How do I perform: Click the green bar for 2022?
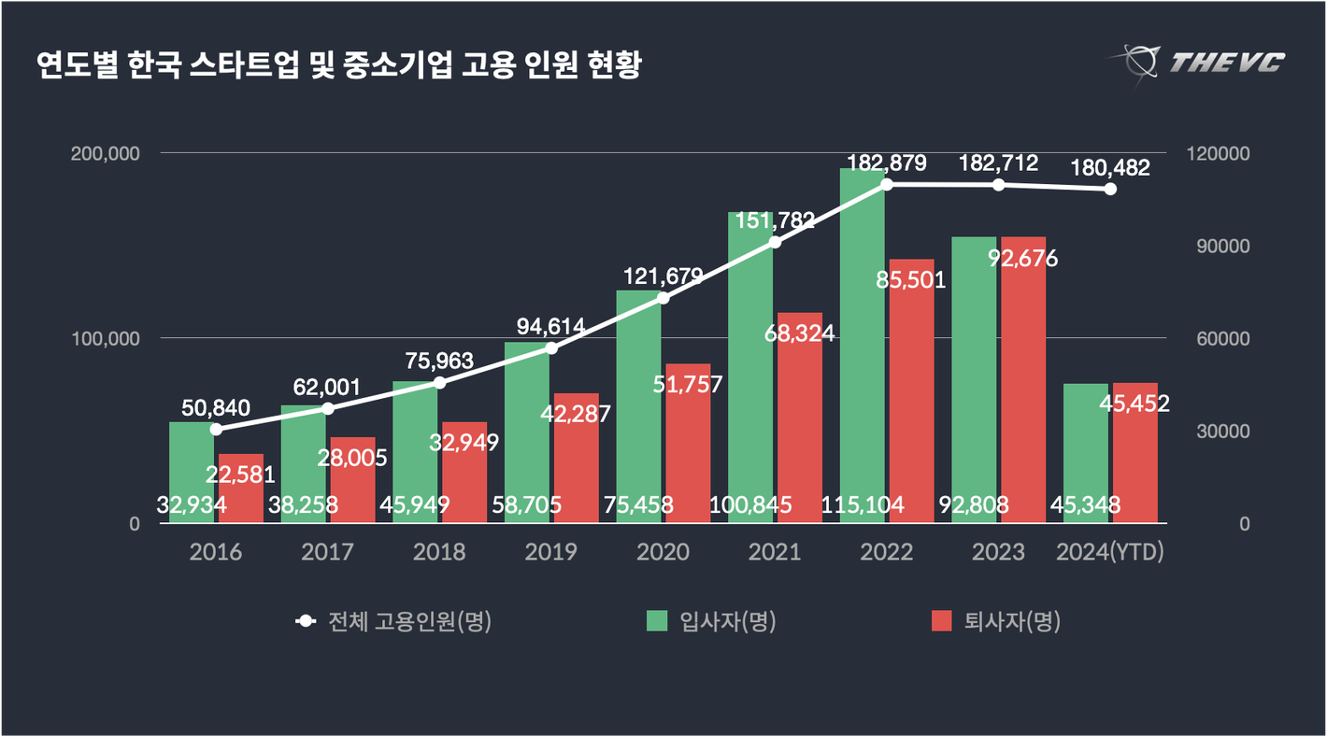click(x=863, y=346)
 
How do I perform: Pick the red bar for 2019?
click(x=576, y=458)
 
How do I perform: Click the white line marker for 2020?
click(x=663, y=298)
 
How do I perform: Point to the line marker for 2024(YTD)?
click(x=1110, y=189)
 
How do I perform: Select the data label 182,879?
click(x=887, y=163)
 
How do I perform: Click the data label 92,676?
click(x=1023, y=258)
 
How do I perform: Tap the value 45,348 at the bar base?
click(x=1086, y=505)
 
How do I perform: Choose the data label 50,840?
click(x=216, y=407)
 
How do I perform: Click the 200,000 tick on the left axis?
click(x=106, y=153)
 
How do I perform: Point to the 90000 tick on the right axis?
click(x=1205, y=246)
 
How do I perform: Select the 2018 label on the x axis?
click(x=439, y=552)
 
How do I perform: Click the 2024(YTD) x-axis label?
click(x=1110, y=552)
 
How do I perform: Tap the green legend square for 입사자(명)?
click(x=658, y=621)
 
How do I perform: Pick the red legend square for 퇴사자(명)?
click(x=942, y=621)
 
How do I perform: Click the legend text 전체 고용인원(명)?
click(x=409, y=621)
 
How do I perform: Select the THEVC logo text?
click(x=1227, y=63)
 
